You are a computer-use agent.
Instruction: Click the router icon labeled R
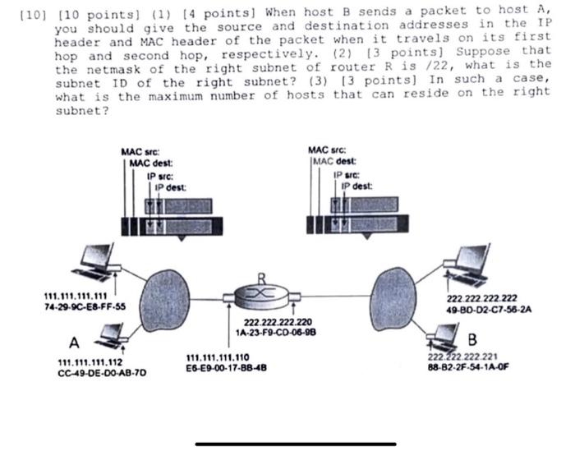260,292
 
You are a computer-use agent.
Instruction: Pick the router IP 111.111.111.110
218,357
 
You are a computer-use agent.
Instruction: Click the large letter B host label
472,339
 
